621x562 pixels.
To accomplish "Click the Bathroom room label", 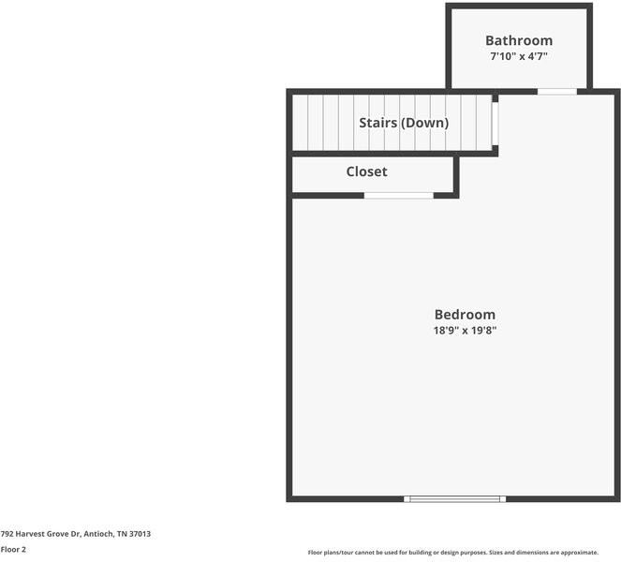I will (518, 40).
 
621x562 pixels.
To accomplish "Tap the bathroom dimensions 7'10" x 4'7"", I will (518, 56).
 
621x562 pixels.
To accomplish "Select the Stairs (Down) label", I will (404, 123).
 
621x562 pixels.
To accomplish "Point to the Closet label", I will (366, 171).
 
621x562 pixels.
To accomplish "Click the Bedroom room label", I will (465, 315).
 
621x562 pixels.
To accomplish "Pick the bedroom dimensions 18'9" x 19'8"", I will (465, 331).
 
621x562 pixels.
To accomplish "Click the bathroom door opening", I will (556, 91).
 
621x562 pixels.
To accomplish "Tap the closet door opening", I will (399, 195).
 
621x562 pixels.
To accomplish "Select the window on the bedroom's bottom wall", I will (455, 499).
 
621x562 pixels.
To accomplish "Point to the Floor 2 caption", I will (13, 550).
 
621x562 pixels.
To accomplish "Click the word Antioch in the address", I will (100, 534).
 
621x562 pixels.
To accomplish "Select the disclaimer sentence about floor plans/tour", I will (452, 553).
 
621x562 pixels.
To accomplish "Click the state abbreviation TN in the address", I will (123, 534).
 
